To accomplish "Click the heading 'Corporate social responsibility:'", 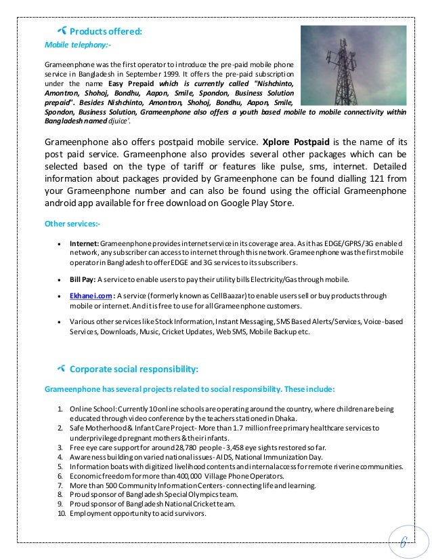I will click(x=135, y=369).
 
